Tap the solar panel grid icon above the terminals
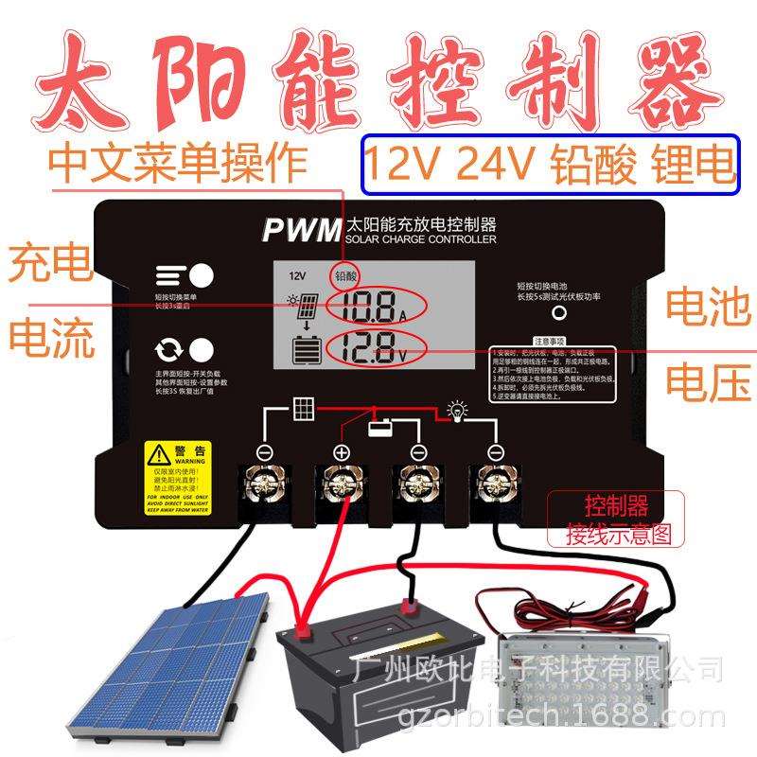pyautogui.click(x=304, y=410)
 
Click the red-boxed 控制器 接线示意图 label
pyautogui.click(x=616, y=517)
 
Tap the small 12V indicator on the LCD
pyautogui.click(x=298, y=275)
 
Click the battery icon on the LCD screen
pyautogui.click(x=307, y=350)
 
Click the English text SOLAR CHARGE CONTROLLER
pyautogui.click(x=420, y=241)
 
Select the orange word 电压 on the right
pyautogui.click(x=708, y=381)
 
